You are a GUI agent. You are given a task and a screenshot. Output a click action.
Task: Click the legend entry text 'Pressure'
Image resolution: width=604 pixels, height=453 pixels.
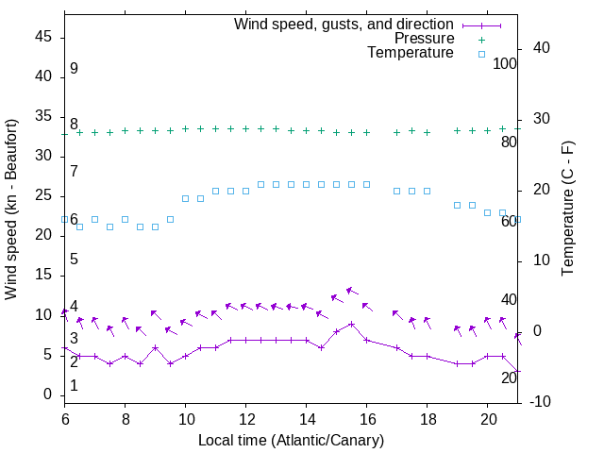pyautogui.click(x=424, y=39)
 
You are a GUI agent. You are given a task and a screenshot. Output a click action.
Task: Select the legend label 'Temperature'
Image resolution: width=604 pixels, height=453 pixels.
pyautogui.click(x=411, y=54)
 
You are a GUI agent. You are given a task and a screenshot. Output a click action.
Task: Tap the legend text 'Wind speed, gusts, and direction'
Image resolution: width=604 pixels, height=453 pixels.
pyautogui.click(x=344, y=24)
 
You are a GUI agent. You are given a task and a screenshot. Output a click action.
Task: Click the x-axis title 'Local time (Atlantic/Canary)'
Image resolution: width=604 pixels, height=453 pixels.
pyautogui.click(x=291, y=440)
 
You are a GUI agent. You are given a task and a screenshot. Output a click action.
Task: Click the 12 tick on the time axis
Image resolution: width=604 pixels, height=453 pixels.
pyautogui.click(x=245, y=417)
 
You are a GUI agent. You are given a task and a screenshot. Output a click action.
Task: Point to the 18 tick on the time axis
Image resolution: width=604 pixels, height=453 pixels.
pyautogui.click(x=427, y=417)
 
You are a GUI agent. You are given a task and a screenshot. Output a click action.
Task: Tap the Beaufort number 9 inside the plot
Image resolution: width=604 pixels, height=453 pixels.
pyautogui.click(x=74, y=70)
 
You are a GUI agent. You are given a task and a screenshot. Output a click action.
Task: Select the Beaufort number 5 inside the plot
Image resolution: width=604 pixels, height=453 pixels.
pyautogui.click(x=74, y=260)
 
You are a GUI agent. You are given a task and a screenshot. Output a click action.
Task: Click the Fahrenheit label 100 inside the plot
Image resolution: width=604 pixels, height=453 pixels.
pyautogui.click(x=506, y=64)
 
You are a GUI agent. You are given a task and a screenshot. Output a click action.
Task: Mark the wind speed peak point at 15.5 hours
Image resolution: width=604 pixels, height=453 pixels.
pyautogui.click(x=351, y=324)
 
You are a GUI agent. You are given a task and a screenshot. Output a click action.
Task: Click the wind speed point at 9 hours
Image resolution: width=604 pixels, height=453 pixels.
pyautogui.click(x=155, y=347)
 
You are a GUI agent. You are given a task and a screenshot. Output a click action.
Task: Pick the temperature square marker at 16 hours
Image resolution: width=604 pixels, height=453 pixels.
pyautogui.click(x=366, y=184)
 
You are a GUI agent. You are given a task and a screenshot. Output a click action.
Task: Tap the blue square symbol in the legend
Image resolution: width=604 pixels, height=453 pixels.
pyautogui.click(x=481, y=54)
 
